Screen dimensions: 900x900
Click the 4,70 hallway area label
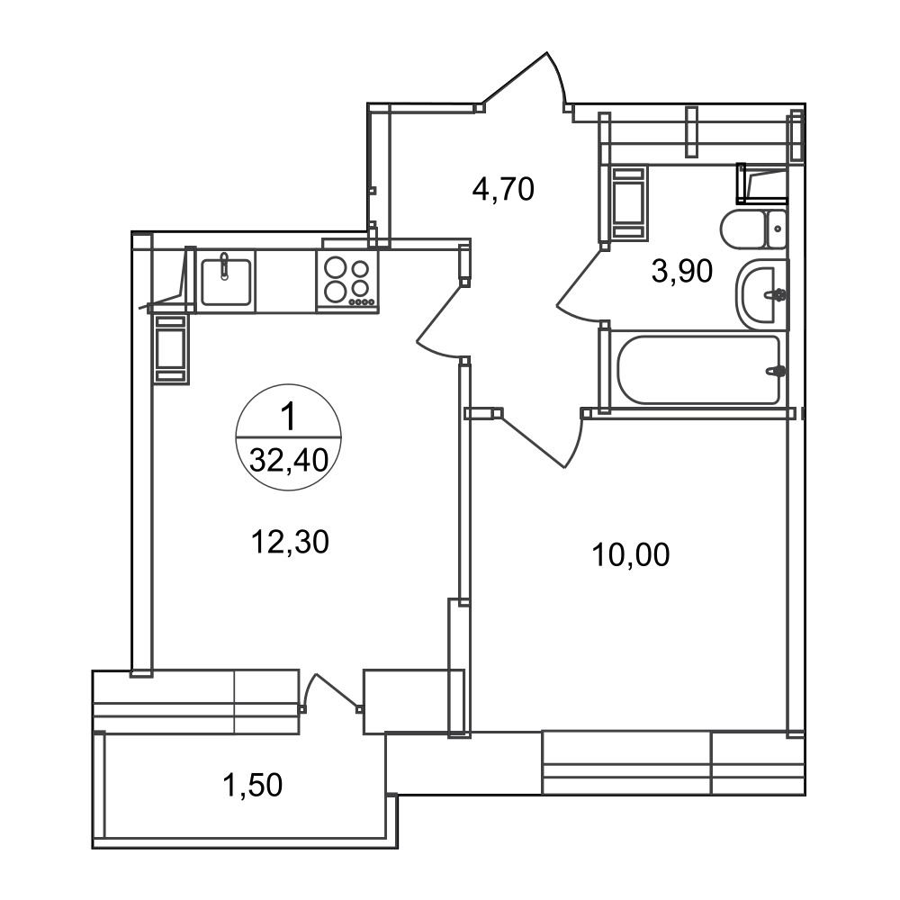(503, 189)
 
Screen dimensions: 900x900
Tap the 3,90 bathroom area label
(682, 271)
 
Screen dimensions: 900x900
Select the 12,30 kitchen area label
(290, 541)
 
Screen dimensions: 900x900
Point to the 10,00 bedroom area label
(630, 555)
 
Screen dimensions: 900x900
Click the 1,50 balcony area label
(253, 785)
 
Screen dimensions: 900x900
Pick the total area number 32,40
(289, 460)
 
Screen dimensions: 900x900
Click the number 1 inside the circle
(288, 417)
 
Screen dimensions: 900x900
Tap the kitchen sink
(226, 281)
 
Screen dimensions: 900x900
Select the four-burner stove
(347, 281)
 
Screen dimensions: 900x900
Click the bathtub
(698, 370)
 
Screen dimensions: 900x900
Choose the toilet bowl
(742, 229)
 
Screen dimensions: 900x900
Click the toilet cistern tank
(777, 229)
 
